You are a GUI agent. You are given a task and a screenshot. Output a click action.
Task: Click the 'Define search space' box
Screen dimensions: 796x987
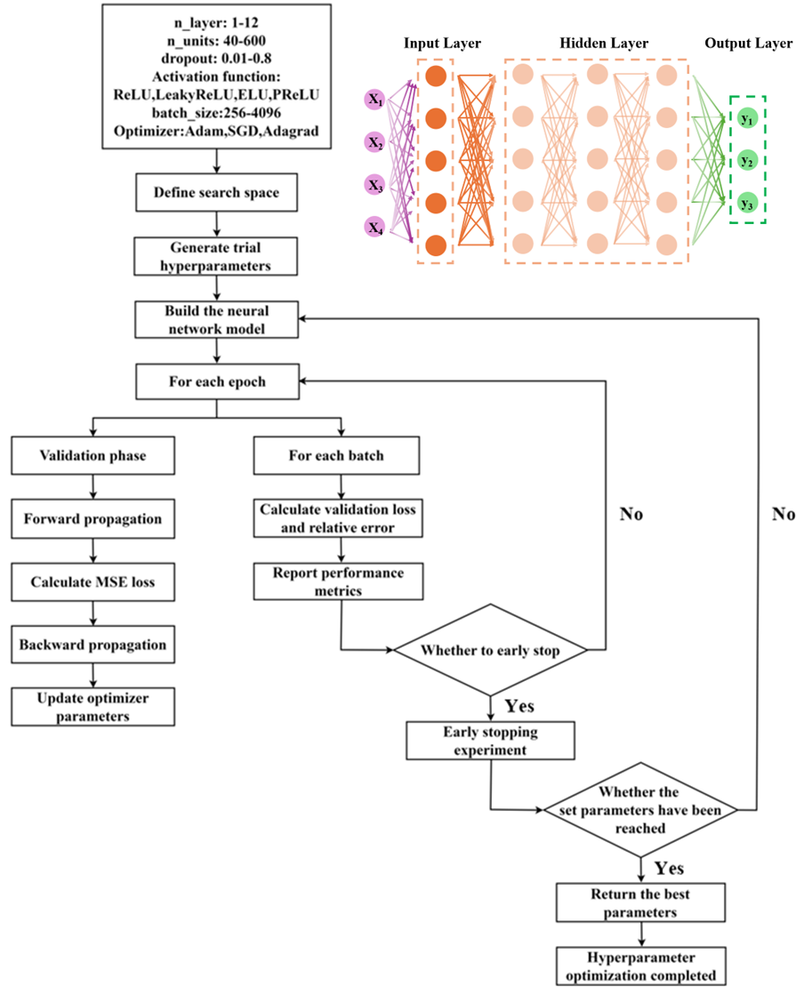click(217, 193)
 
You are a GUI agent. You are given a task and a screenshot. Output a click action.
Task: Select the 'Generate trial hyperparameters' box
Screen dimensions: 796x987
click(216, 256)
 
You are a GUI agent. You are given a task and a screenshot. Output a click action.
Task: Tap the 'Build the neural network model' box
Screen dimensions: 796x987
click(217, 320)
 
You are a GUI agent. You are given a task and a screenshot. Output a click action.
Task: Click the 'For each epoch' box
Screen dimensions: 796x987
click(217, 381)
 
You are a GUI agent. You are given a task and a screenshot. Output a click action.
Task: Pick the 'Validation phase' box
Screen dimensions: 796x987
click(93, 456)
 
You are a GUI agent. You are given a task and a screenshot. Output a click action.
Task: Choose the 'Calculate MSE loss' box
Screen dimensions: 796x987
click(93, 582)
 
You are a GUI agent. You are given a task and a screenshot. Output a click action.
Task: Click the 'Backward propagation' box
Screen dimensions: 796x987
click(93, 645)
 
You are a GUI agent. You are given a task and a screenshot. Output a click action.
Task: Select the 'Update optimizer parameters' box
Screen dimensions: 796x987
click(93, 707)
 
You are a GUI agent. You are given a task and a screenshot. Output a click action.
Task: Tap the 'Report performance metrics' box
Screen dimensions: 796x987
click(338, 582)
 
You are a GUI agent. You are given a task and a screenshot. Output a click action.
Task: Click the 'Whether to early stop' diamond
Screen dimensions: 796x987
click(491, 650)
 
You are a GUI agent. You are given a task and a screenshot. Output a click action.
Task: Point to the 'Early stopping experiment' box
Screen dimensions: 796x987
click(491, 740)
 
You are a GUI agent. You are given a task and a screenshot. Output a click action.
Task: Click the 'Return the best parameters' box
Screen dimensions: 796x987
click(640, 903)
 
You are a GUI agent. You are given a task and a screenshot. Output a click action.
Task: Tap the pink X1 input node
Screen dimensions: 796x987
click(374, 100)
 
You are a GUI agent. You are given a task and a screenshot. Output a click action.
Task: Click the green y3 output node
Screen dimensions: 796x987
click(747, 203)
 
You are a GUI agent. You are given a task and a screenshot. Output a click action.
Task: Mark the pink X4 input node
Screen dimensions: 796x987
click(374, 228)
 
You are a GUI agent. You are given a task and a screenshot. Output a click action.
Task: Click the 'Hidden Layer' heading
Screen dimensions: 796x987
click(604, 44)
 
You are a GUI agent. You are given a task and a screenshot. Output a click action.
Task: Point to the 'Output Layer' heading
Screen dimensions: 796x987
click(749, 44)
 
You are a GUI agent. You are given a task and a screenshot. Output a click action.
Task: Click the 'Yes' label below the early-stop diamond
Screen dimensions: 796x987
click(519, 706)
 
